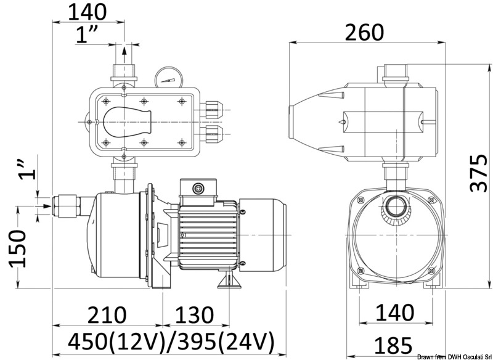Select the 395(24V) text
pos(222,341)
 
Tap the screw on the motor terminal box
pos(198,187)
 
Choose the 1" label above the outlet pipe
pos(89,36)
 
